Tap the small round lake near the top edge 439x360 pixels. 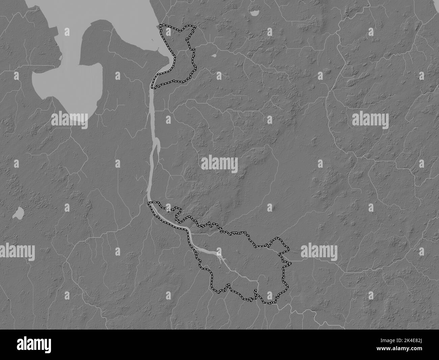pos(254,14)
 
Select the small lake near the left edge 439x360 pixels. pos(18,212)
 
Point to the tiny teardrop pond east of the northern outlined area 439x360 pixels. pos(214,55)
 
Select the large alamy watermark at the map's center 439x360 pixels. pos(219,164)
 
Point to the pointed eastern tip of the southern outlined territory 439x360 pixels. pos(289,249)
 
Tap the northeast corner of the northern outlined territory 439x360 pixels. pos(195,26)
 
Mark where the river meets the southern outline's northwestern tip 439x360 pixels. pos(149,203)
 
